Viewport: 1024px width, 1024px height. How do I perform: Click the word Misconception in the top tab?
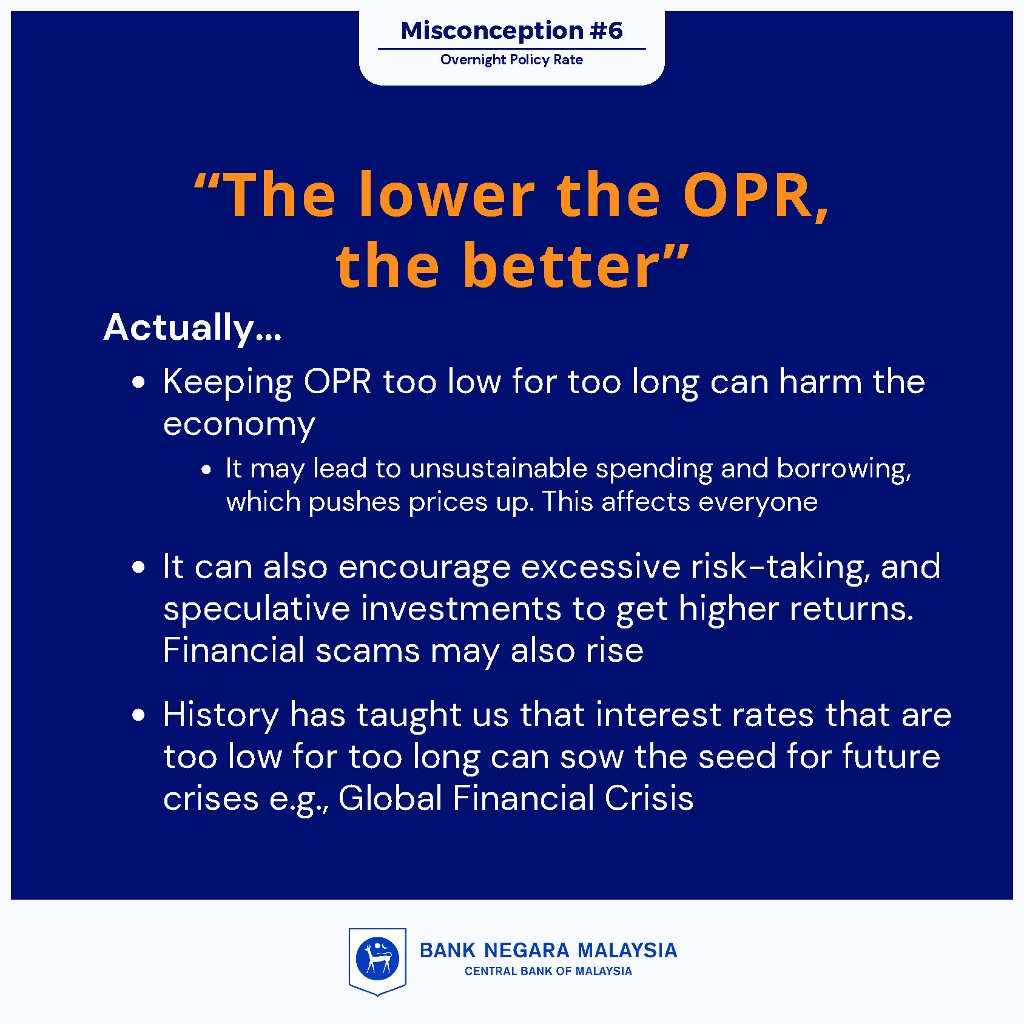click(x=492, y=31)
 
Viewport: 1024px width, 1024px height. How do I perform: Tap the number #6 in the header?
click(x=606, y=30)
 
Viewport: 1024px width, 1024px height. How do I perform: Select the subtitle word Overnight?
click(x=473, y=60)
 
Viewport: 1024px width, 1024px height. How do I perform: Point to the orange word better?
click(x=561, y=266)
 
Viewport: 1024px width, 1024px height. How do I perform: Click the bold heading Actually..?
click(x=192, y=328)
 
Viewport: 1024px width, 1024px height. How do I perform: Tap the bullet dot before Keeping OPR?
click(x=139, y=382)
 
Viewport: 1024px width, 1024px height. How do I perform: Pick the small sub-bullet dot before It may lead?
click(x=206, y=470)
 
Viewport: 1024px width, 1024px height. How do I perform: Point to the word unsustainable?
click(x=499, y=468)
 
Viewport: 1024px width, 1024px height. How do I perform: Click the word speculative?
click(x=257, y=609)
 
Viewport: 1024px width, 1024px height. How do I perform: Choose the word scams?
click(x=368, y=651)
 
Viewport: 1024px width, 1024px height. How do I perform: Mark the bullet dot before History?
click(x=139, y=715)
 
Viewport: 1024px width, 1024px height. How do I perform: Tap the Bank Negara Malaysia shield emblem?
click(x=377, y=962)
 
